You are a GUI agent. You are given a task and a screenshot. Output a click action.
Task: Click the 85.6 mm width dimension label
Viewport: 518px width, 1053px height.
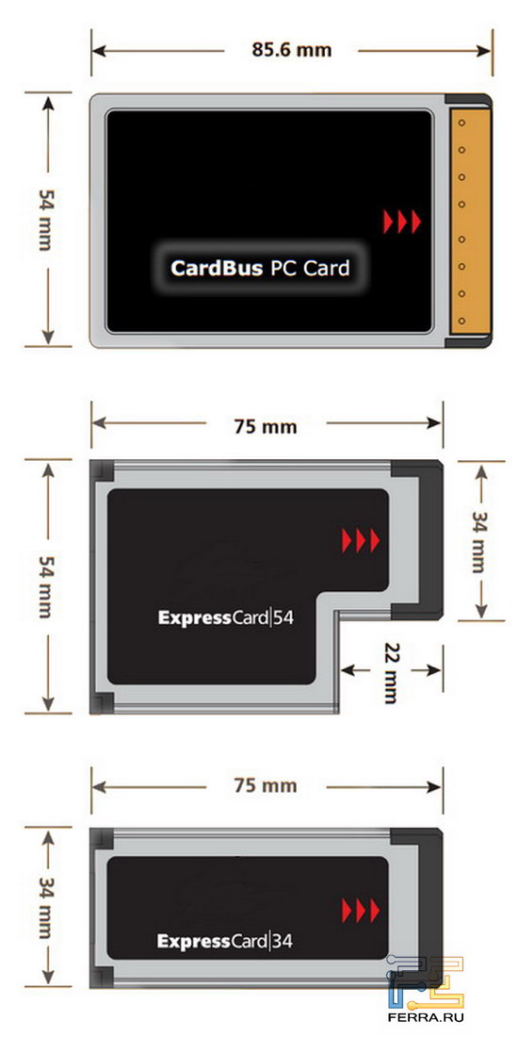coord(291,50)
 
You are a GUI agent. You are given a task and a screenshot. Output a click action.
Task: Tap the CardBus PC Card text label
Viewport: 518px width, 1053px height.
coord(260,268)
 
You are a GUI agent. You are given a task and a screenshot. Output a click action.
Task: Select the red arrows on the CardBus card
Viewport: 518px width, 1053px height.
coord(402,222)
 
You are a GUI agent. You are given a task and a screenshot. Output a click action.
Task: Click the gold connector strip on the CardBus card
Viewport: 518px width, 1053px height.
coord(470,221)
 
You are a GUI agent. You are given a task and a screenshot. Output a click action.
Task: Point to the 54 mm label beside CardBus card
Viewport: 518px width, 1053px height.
coord(43,220)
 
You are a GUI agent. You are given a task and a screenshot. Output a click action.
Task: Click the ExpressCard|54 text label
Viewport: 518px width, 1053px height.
coord(225,617)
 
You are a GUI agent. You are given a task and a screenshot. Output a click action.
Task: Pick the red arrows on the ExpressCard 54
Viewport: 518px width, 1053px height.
coord(361,540)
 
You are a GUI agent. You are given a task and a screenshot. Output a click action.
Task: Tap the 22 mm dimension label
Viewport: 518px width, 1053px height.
coord(391,672)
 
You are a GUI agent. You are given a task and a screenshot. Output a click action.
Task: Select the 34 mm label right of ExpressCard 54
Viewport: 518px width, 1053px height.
coord(478,542)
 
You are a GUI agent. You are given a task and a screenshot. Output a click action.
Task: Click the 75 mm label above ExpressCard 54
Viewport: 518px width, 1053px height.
coord(265,426)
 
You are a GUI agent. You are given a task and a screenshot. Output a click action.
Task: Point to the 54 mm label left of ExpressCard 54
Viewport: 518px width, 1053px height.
coord(43,587)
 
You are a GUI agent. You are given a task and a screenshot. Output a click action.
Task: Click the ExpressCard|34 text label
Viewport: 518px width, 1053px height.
coord(225,941)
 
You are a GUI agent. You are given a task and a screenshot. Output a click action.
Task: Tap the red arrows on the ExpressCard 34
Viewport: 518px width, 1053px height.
coord(361,910)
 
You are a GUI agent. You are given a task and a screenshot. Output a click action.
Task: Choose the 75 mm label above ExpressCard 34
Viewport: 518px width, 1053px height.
coord(265,785)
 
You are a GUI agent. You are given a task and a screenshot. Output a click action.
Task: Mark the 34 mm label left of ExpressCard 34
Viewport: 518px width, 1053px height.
coord(43,907)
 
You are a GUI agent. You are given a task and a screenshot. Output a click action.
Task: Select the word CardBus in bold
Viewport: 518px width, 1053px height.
coord(216,268)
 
